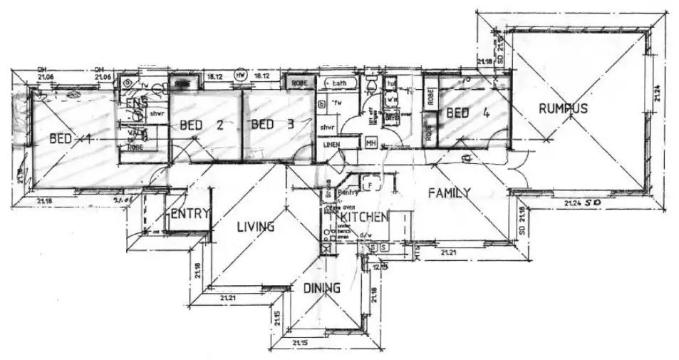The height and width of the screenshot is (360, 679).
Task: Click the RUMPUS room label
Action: click(562, 108)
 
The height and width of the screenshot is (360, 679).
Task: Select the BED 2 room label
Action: click(202, 125)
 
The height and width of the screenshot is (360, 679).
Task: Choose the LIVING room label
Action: click(255, 227)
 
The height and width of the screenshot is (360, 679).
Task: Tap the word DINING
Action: click(321, 288)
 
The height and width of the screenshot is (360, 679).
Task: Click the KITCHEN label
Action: click(363, 216)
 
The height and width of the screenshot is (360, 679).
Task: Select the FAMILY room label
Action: click(449, 192)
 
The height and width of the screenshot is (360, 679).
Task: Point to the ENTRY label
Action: click(190, 212)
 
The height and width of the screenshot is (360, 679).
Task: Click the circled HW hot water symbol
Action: click(240, 75)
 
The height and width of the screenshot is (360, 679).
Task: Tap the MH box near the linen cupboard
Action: click(370, 143)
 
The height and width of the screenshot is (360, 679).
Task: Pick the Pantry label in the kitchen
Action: click(348, 192)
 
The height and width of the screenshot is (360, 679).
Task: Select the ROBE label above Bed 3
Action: click(299, 83)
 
